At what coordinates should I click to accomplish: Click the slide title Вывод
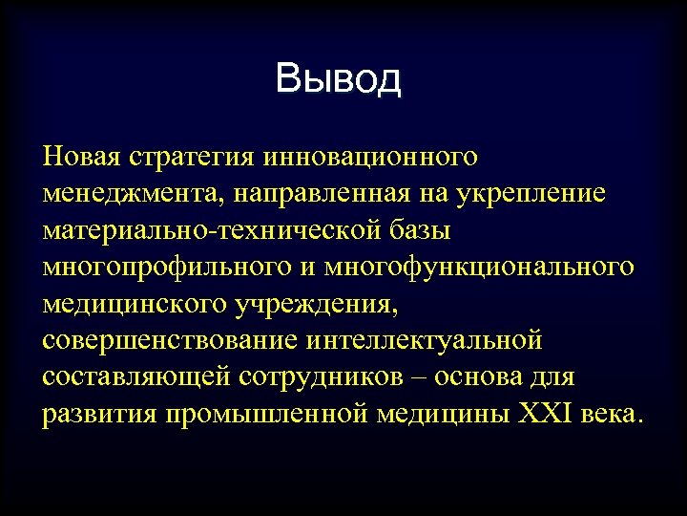[339, 79]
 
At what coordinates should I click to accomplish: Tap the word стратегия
[197, 157]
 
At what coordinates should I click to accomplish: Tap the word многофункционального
[478, 269]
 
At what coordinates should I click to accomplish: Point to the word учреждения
[310, 306]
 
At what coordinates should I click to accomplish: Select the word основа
[479, 379]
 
